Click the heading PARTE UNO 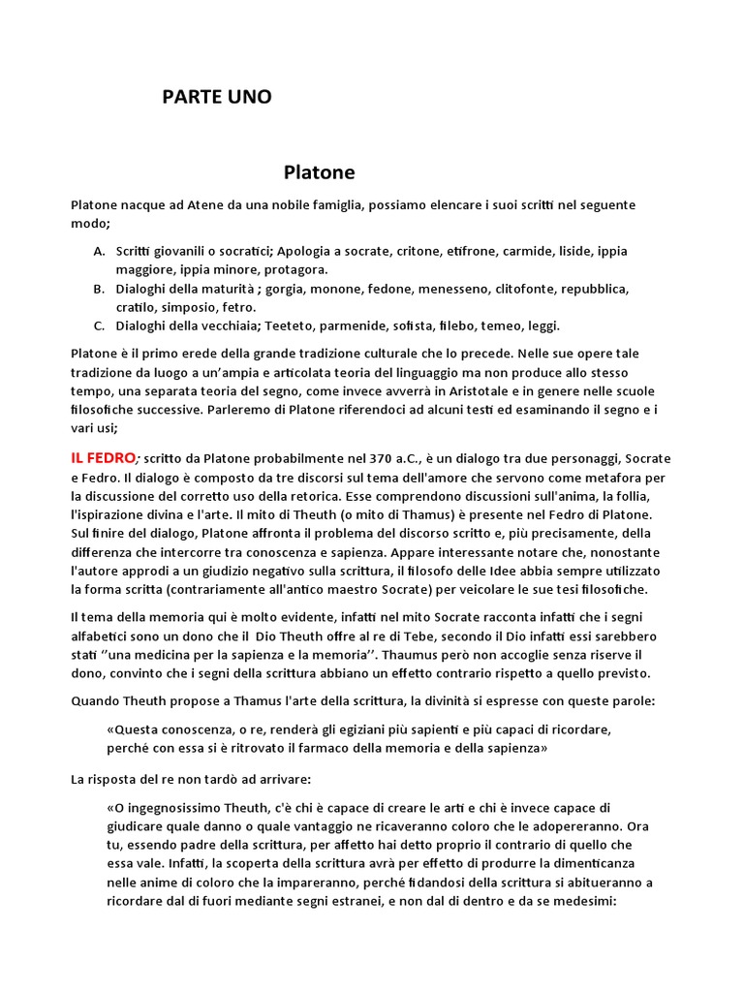point(216,97)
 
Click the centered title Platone point(319,172)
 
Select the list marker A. point(100,251)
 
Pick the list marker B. point(100,289)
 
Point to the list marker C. point(100,325)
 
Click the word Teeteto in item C point(286,325)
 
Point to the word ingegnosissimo point(179,808)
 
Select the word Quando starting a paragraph point(97,700)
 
